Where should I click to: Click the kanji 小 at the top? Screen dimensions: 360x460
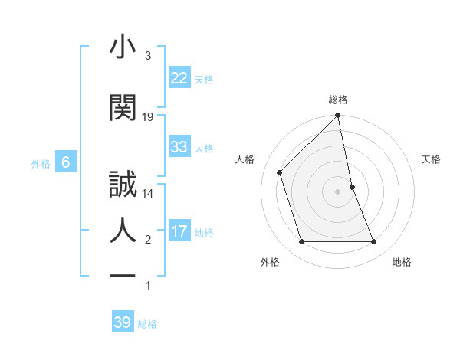[x=123, y=48]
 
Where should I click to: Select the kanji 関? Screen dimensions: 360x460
[x=123, y=108]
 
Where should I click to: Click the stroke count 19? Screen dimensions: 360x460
[x=148, y=116]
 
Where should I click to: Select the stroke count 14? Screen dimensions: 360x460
[x=148, y=194]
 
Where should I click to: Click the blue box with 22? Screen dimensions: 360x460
[x=179, y=78]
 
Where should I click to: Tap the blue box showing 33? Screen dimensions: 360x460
[x=179, y=147]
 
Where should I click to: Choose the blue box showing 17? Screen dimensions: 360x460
[x=179, y=231]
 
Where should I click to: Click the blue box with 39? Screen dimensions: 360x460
[x=122, y=322]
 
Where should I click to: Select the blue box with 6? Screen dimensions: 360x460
[x=66, y=162]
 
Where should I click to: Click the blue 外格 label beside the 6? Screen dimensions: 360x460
[x=41, y=163]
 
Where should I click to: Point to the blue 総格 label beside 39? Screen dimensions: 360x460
[x=147, y=324]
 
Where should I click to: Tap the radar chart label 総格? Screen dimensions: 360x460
[x=338, y=100]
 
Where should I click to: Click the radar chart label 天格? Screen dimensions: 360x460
[x=432, y=159]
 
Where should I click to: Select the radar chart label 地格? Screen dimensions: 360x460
[x=402, y=262]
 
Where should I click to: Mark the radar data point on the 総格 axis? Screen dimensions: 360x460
[x=338, y=116]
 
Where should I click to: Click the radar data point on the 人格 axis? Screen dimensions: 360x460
[x=280, y=172]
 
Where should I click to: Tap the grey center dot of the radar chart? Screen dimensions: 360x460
[x=338, y=191]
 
